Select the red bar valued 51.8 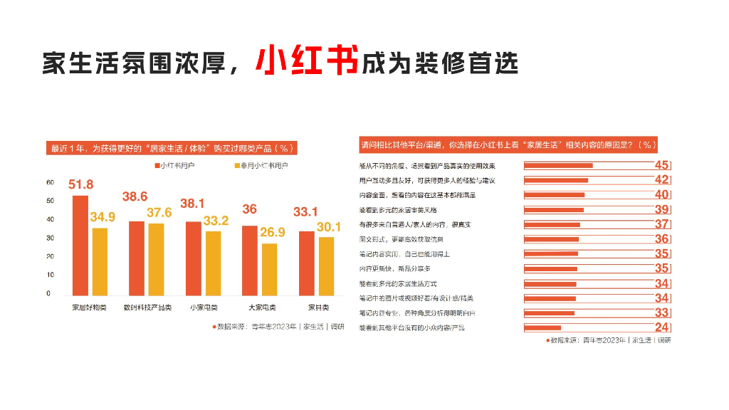[80, 245]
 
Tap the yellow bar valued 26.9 [269, 269]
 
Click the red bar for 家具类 [306, 263]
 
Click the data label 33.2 [216, 221]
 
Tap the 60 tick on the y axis [49, 182]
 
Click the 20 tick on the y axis [49, 256]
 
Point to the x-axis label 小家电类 [204, 307]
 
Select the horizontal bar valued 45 [558, 165]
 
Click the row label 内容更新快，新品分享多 [394, 268]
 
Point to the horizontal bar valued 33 [549, 313]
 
